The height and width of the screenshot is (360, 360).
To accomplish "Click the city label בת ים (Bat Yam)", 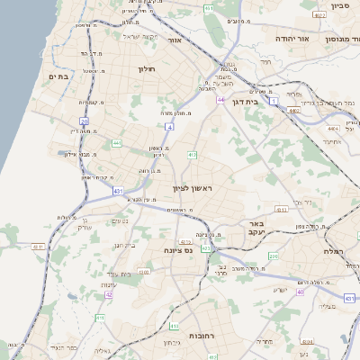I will pos(58,77).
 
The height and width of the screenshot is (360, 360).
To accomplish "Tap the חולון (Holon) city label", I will pos(148,69).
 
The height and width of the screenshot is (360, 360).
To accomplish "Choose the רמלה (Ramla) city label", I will pos(337,251).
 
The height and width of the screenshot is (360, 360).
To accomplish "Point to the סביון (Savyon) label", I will pos(339,5).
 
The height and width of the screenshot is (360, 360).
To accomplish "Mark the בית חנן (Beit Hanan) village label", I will pos(124,246).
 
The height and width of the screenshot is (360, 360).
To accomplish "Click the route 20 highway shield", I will pos(84,121).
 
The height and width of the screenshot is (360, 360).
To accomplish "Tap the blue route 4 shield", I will pos(169,127).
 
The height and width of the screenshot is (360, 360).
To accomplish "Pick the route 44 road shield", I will pos(220,100).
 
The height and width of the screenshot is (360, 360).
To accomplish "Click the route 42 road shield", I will pos(109,294).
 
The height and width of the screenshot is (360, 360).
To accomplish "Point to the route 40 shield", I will pos(301,292).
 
